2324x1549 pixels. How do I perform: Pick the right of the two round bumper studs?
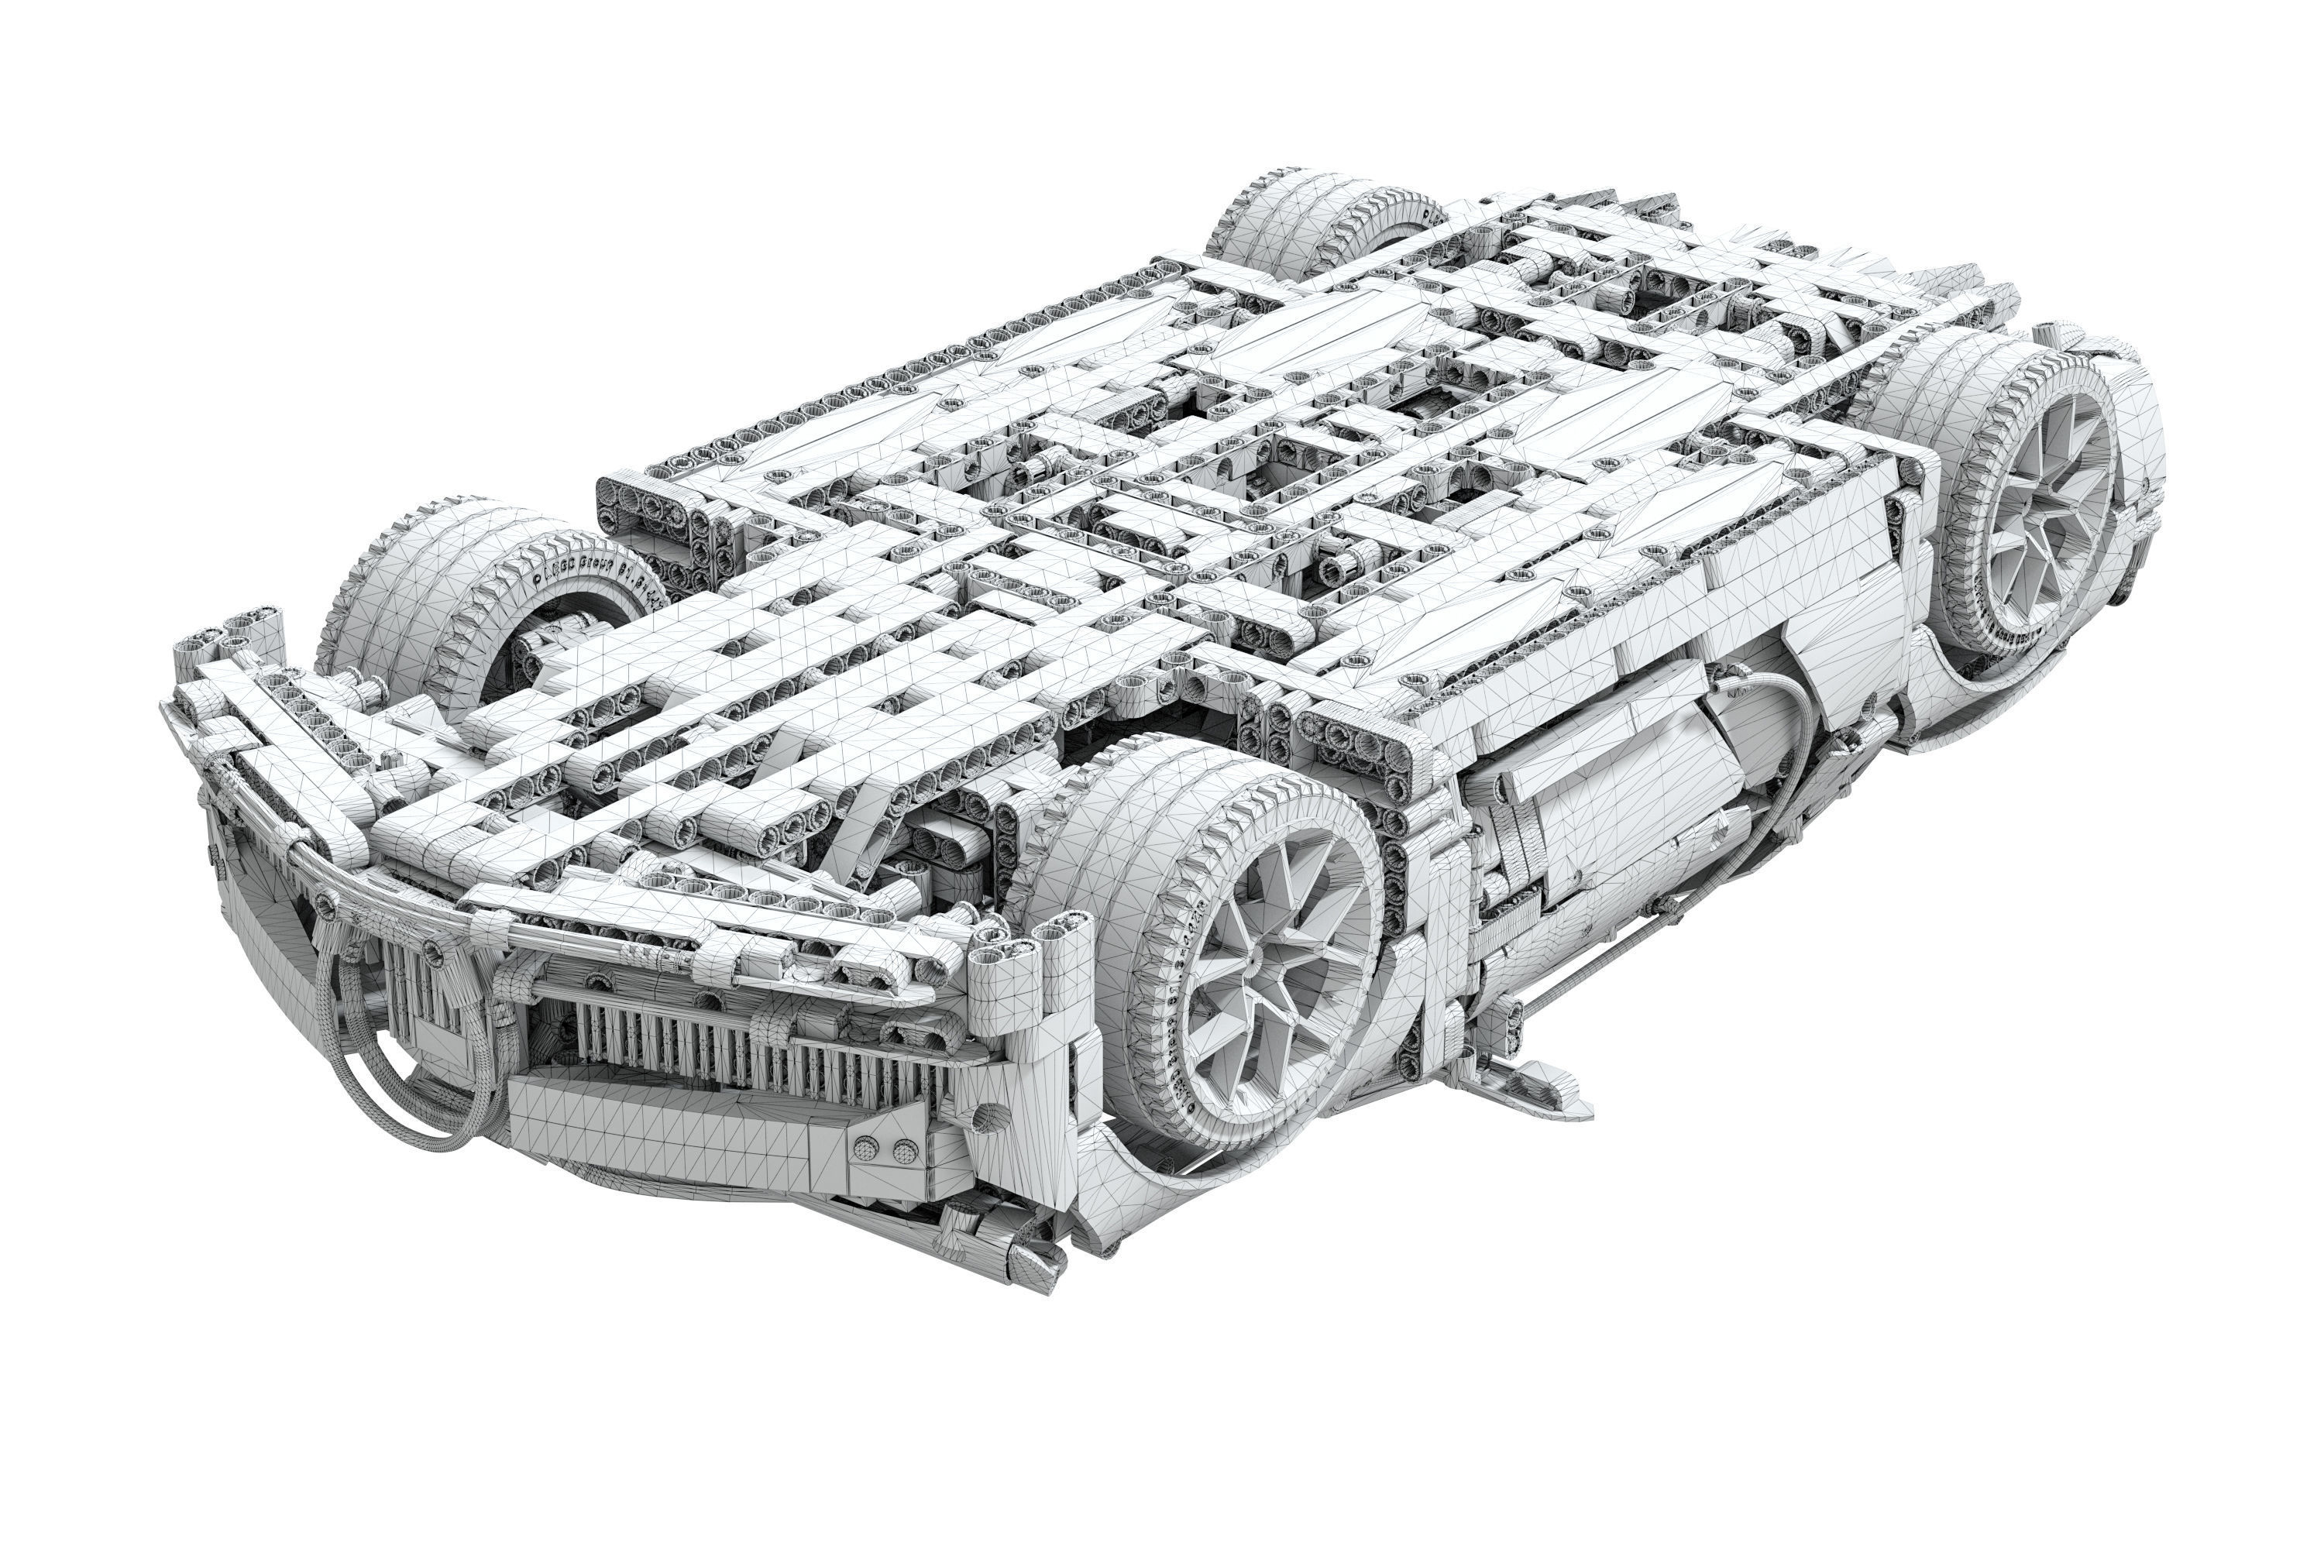(903, 1150)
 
